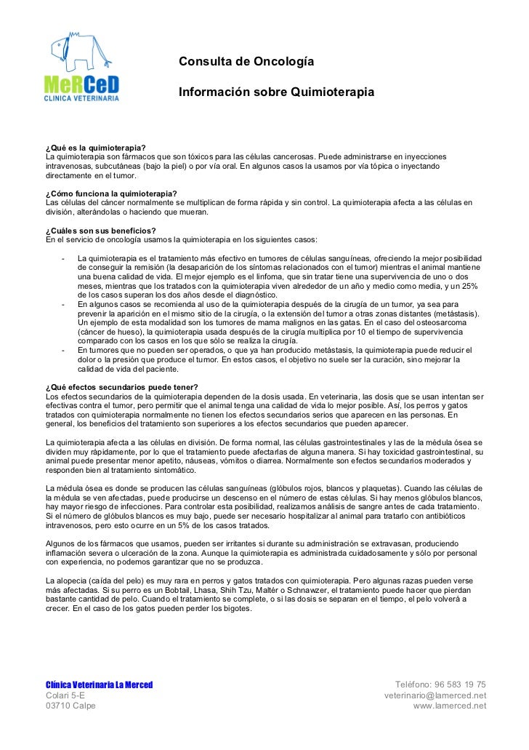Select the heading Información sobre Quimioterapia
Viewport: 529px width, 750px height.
[276, 94]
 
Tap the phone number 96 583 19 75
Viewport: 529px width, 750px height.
[459, 685]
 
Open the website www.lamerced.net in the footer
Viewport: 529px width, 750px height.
[450, 706]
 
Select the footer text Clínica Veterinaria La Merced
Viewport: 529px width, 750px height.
[99, 685]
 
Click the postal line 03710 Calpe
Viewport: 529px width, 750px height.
[70, 706]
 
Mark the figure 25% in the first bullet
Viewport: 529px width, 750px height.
[469, 287]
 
